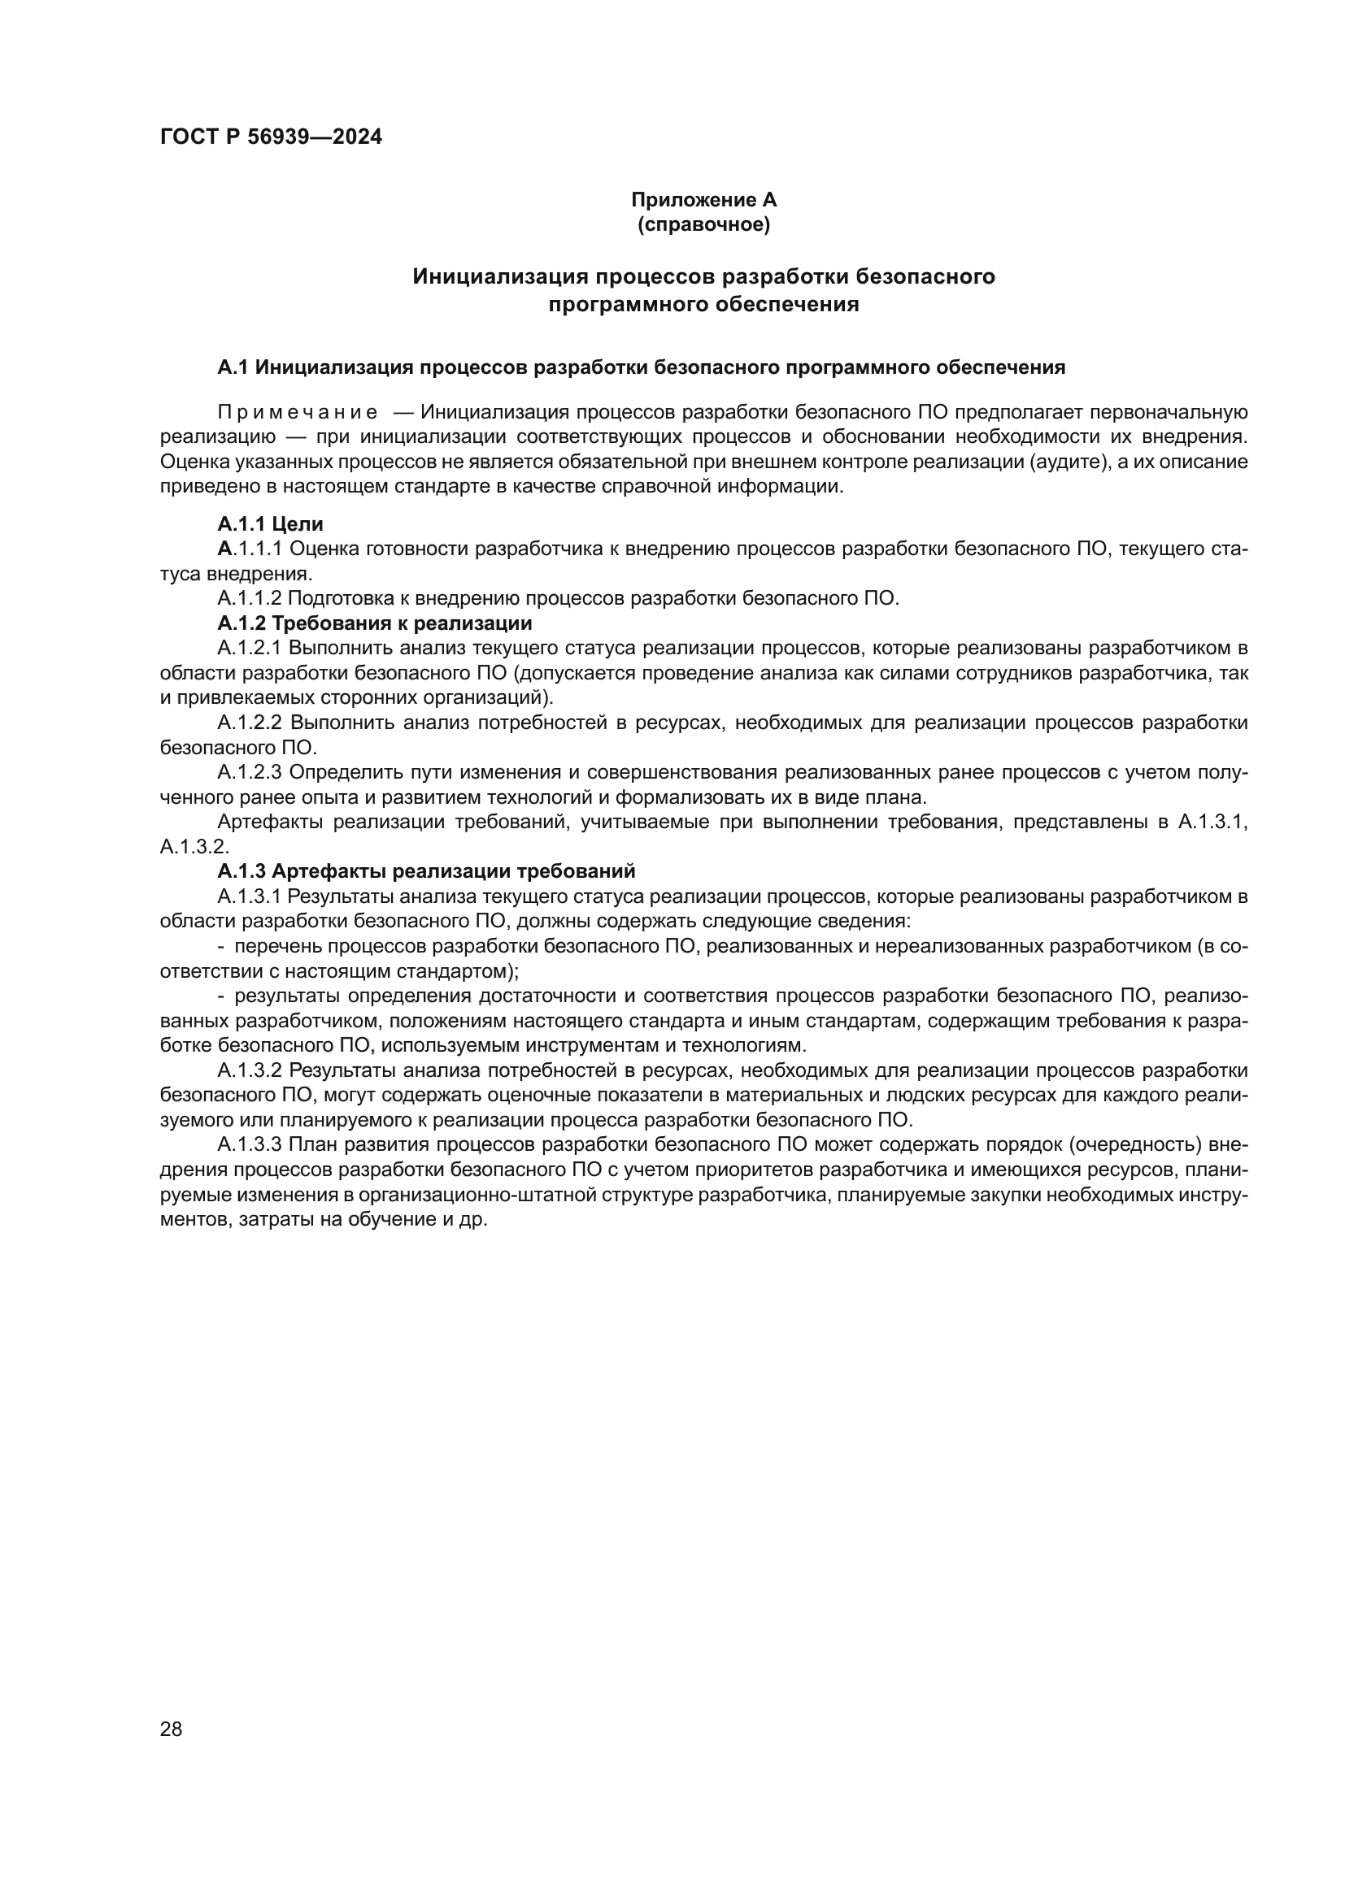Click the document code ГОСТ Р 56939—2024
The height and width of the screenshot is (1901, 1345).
click(x=271, y=137)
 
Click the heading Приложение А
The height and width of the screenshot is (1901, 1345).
click(x=703, y=200)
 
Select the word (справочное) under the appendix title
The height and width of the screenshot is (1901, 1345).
click(x=703, y=224)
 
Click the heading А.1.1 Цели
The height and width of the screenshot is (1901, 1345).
click(x=270, y=524)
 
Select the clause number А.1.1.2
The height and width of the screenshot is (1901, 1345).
click(x=250, y=599)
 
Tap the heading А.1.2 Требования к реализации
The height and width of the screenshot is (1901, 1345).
click(x=374, y=623)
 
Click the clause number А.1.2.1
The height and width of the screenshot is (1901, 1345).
click(x=250, y=649)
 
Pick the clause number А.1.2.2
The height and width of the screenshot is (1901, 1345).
click(x=250, y=723)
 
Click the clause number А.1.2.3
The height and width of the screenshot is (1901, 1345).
click(x=250, y=772)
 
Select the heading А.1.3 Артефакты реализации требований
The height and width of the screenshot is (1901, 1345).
click(x=425, y=871)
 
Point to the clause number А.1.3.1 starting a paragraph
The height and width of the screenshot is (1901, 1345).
click(x=250, y=896)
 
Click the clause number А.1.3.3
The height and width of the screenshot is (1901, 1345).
click(x=250, y=1145)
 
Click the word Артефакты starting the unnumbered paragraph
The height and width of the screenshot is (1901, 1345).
click(x=270, y=822)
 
